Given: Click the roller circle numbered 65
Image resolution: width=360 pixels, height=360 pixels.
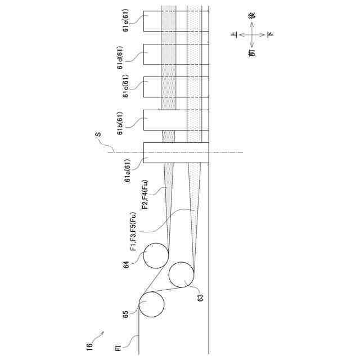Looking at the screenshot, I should tap(152, 305).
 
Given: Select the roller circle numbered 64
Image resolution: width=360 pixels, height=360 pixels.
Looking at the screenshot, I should tap(156, 256).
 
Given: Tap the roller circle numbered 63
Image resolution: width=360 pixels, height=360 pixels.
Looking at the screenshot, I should tap(182, 275).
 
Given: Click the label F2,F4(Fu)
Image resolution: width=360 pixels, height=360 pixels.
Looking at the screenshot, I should tap(145, 195).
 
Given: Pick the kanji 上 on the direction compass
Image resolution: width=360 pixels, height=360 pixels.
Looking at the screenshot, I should tap(234, 35).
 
